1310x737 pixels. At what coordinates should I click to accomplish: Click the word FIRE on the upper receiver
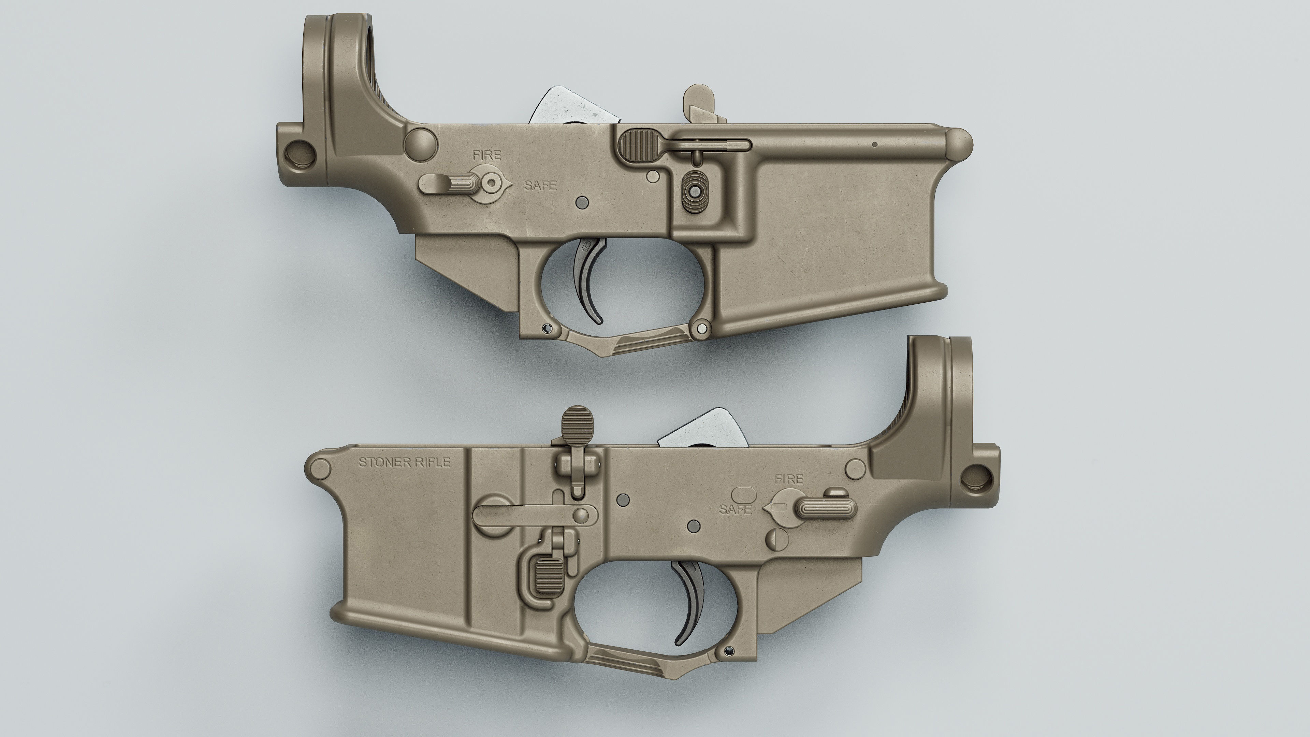[487, 156]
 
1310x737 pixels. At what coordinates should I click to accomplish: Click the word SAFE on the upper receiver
[541, 186]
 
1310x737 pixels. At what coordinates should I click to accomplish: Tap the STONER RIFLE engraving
[404, 462]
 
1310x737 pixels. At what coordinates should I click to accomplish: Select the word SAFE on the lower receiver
[736, 509]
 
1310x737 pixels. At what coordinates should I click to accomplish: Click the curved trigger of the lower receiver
[689, 600]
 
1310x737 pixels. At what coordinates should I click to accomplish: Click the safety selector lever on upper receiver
[448, 183]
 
